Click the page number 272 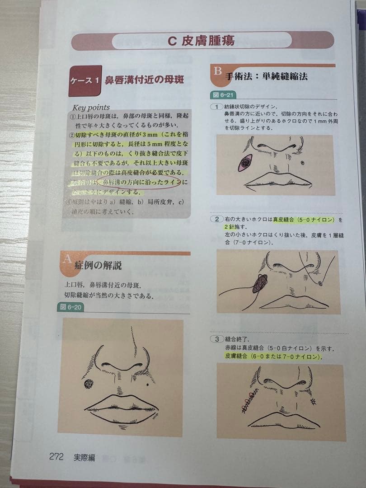[x=56, y=457]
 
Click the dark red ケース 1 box [x=85, y=81]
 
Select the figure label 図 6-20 [x=70, y=308]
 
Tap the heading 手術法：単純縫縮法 [x=267, y=76]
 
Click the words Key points [x=91, y=108]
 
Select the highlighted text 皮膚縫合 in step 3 [x=235, y=357]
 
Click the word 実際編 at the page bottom [x=84, y=457]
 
